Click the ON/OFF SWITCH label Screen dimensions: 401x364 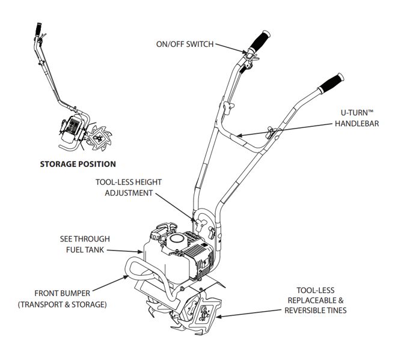pyautogui.click(x=185, y=44)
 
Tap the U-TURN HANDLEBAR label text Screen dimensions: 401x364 pyautogui.click(x=357, y=118)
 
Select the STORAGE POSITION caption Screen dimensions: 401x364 pyautogui.click(x=78, y=164)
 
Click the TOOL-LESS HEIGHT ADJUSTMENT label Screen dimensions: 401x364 pyautogui.click(x=129, y=187)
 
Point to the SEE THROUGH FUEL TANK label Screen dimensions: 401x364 pyautogui.click(x=85, y=244)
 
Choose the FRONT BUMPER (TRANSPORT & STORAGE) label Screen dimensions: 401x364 pyautogui.click(x=62, y=299)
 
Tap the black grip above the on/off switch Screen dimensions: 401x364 pyautogui.click(x=259, y=41)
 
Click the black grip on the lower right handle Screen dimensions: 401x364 pyautogui.click(x=331, y=83)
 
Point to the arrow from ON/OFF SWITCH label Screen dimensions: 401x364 pyautogui.click(x=231, y=49)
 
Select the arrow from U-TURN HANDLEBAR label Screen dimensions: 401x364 pyautogui.click(x=284, y=130)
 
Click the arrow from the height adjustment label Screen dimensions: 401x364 pyautogui.click(x=176, y=207)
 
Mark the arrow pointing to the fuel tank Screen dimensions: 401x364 pyautogui.click(x=125, y=251)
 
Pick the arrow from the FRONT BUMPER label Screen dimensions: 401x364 pyautogui.click(x=111, y=284)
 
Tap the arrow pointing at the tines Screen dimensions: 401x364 pyautogui.click(x=249, y=314)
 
